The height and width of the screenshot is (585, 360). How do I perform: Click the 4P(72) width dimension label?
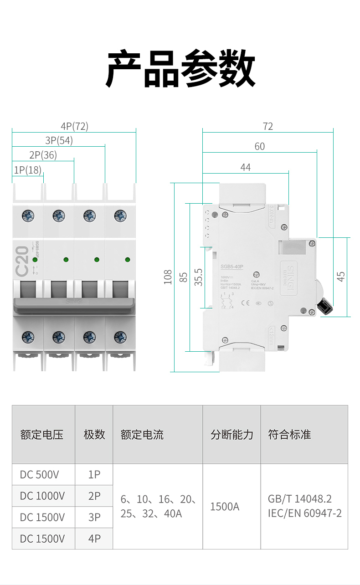pyautogui.click(x=74, y=126)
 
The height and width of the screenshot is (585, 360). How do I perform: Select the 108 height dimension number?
pyautogui.click(x=168, y=277)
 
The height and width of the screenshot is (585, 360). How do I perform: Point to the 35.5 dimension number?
pyautogui.click(x=198, y=277)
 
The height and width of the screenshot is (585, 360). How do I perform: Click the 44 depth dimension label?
pyautogui.click(x=245, y=167)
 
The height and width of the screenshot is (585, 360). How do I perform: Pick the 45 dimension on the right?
pyautogui.click(x=341, y=277)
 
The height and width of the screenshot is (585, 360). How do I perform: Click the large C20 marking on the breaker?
pyautogui.click(x=22, y=261)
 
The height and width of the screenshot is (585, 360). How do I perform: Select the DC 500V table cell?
pyautogui.click(x=39, y=475)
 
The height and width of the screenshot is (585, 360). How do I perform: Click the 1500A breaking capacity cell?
pyautogui.click(x=225, y=507)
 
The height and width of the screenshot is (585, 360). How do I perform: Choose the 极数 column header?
pyautogui.click(x=94, y=435)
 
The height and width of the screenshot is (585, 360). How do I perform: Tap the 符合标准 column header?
pyautogui.click(x=289, y=435)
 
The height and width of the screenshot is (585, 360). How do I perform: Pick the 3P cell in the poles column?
pyautogui.click(x=94, y=517)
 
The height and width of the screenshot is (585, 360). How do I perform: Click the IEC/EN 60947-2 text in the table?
pyautogui.click(x=304, y=513)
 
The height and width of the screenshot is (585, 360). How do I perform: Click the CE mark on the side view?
pyautogui.click(x=245, y=302)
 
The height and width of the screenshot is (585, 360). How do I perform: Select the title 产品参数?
pyautogui.click(x=180, y=69)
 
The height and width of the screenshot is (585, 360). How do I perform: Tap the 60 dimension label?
pyautogui.click(x=259, y=146)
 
